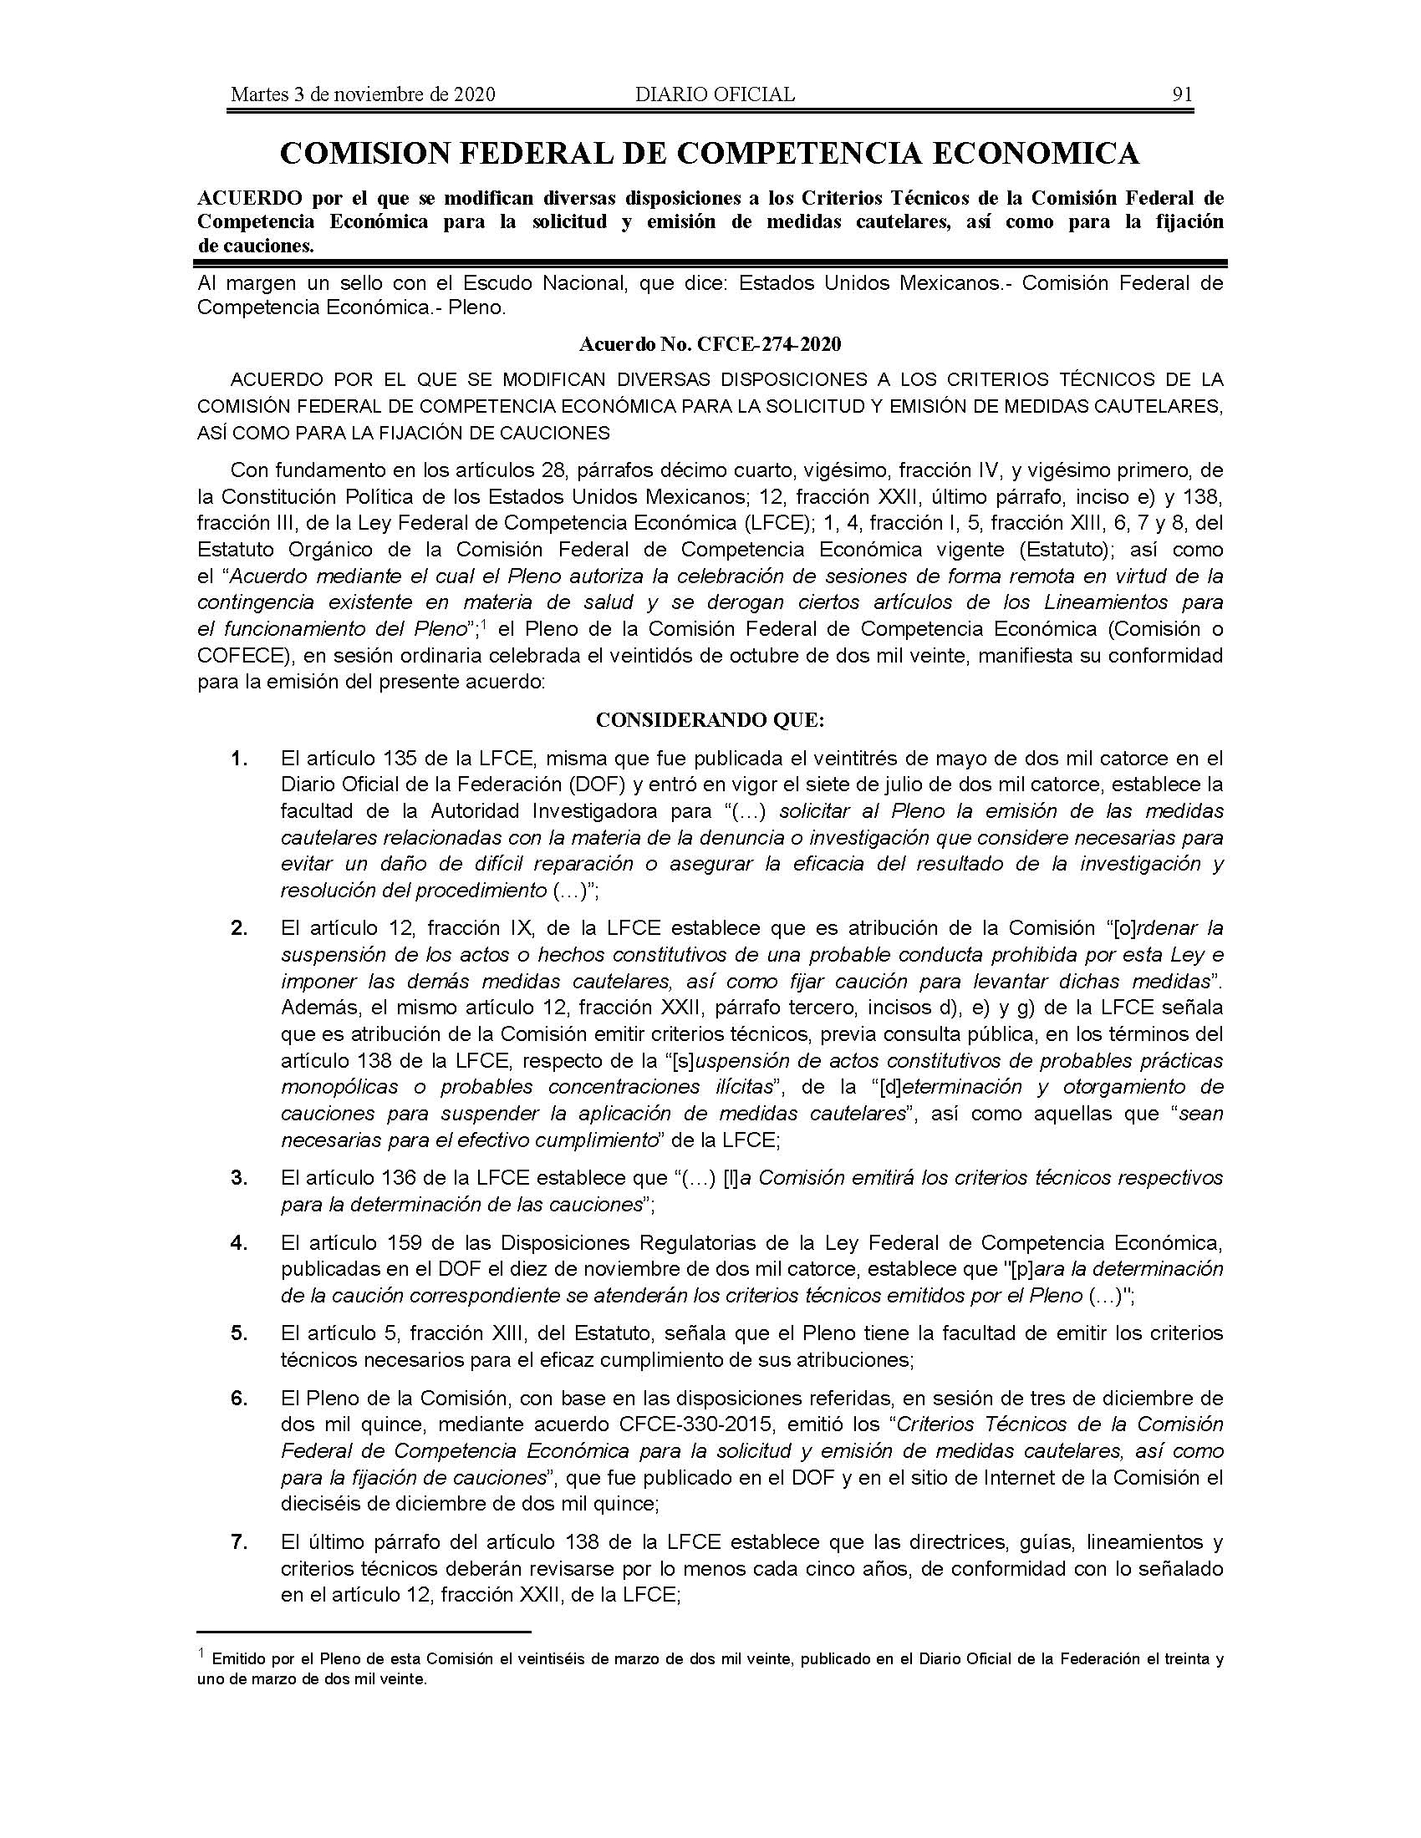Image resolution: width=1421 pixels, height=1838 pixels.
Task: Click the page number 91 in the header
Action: click(1182, 94)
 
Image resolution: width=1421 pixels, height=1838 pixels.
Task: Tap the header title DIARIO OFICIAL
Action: click(715, 94)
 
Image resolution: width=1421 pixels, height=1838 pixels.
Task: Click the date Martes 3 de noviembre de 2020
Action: click(363, 94)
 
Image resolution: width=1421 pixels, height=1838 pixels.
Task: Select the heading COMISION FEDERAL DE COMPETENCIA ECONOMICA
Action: click(710, 153)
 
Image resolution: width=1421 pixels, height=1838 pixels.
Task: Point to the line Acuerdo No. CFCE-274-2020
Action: click(710, 344)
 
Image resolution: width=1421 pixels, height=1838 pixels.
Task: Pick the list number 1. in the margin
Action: click(239, 759)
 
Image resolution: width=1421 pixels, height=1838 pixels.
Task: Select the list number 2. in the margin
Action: click(239, 928)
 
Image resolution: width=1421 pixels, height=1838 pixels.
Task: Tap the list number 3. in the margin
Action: click(239, 1177)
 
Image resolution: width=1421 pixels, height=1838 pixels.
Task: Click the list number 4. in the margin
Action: click(239, 1242)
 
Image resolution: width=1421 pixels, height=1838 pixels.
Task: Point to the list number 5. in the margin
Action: click(239, 1333)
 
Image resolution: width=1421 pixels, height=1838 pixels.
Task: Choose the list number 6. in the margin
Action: click(239, 1399)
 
